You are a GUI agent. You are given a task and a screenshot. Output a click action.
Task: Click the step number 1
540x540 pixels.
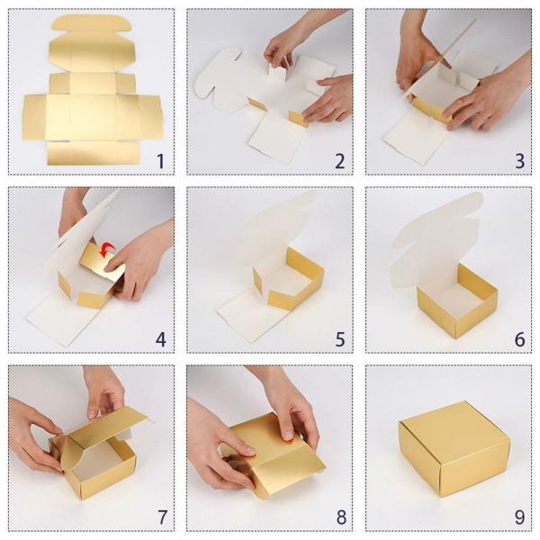click(160, 162)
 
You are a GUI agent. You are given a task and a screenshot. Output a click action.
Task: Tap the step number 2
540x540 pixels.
click(339, 162)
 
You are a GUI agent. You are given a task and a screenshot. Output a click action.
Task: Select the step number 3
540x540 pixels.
click(519, 162)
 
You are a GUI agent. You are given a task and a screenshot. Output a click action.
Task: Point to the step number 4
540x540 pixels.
click(160, 339)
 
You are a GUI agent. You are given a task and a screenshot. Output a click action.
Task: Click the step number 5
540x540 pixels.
click(339, 339)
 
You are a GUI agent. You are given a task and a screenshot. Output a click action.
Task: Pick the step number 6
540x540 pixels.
click(519, 339)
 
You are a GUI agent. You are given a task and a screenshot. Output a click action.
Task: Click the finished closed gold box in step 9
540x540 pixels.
click(454, 446)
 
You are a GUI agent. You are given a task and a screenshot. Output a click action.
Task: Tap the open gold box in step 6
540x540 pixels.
click(458, 301)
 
